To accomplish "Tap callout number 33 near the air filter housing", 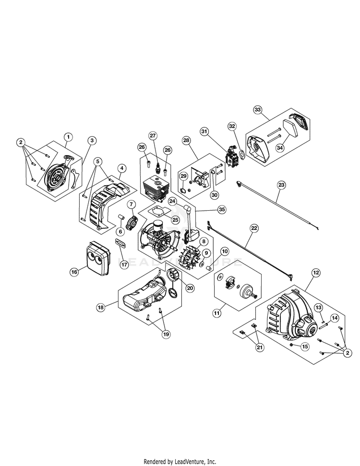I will coord(258,110).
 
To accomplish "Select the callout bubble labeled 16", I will coord(74,272).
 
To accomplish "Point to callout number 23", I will coord(281,184).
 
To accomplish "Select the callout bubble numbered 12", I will coord(315,273).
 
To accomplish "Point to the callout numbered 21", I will coord(260,347).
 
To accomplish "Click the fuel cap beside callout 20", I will coord(170,276).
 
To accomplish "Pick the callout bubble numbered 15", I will coord(304,346).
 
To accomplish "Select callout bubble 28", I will coord(186,140).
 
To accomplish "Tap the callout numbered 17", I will coord(124,263).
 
